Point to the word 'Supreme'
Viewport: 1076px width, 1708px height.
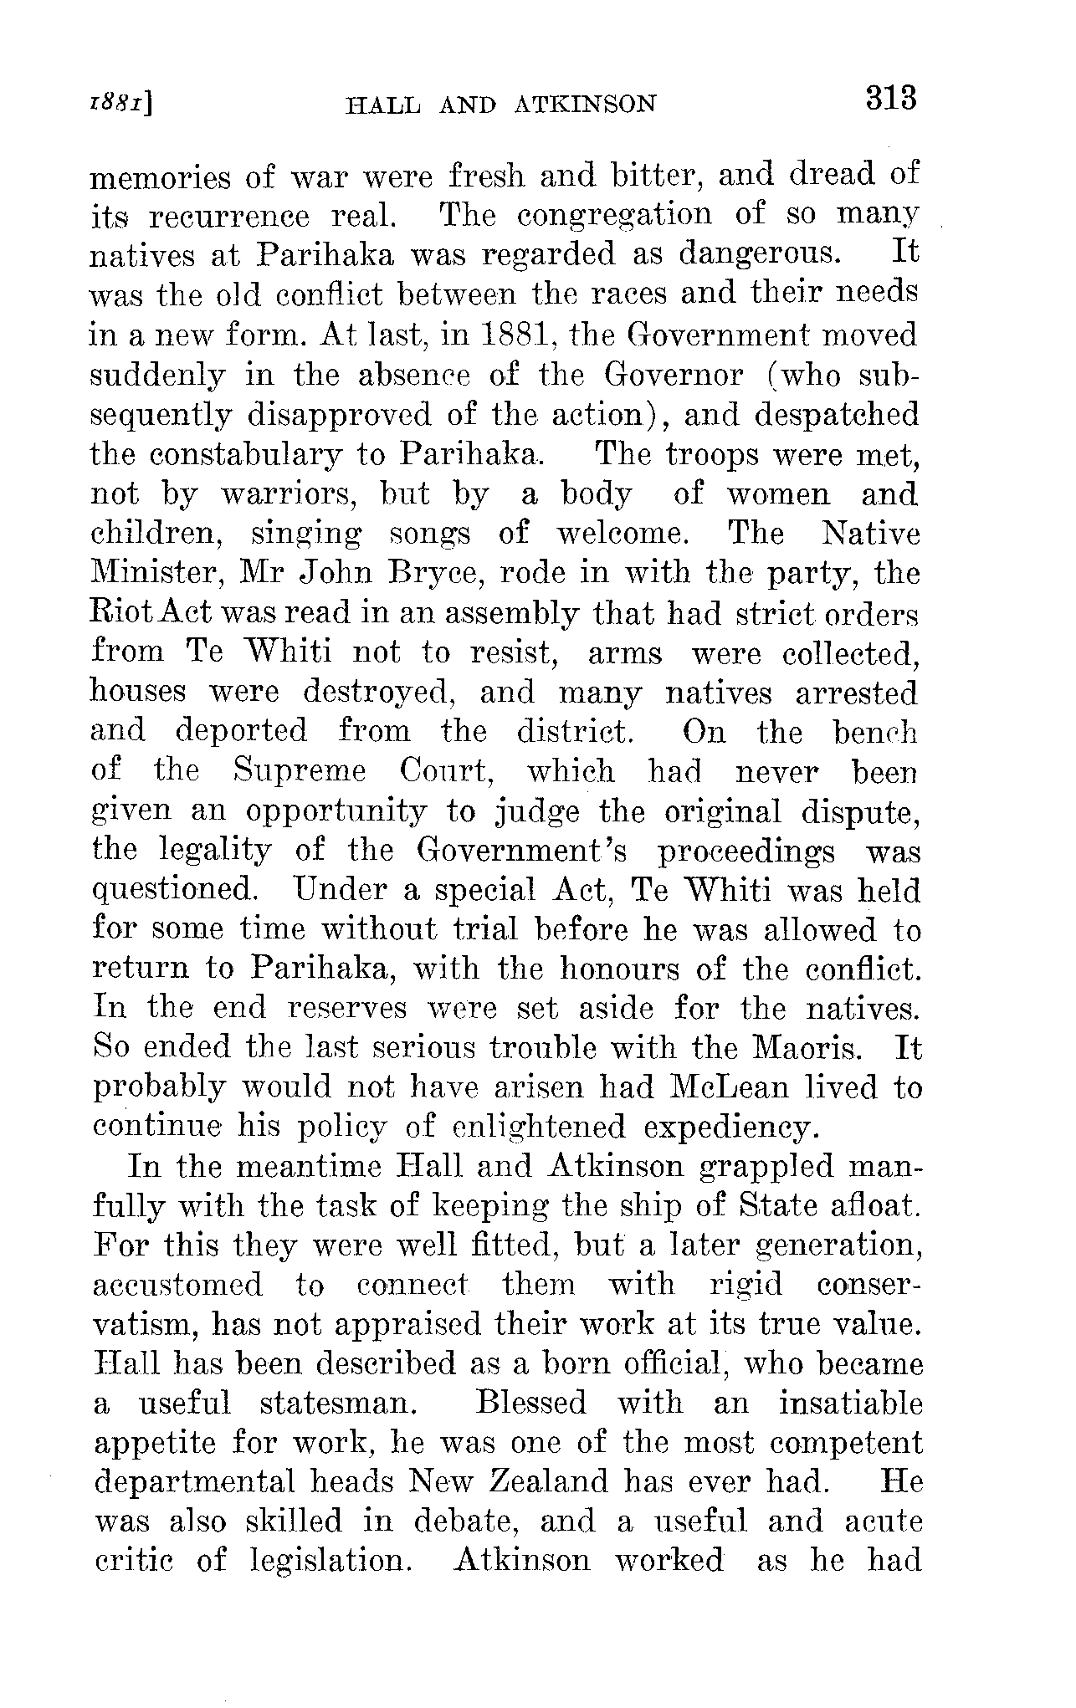pyautogui.click(x=299, y=770)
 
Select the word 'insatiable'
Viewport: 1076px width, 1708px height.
pyautogui.click(x=850, y=1403)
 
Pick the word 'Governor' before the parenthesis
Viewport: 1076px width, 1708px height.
pyautogui.click(x=674, y=375)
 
